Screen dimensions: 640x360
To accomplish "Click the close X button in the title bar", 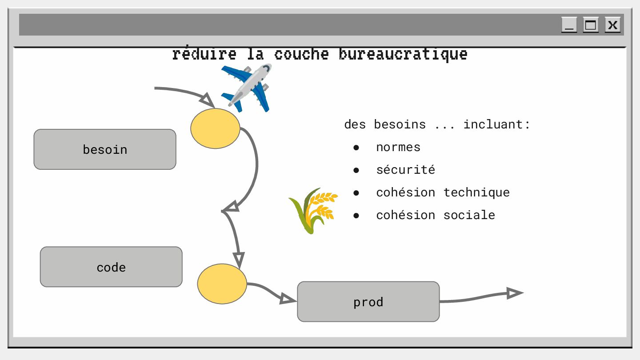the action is point(612,25).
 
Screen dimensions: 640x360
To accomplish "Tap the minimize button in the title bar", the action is point(569,25).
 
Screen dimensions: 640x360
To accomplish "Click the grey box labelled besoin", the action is point(105,149).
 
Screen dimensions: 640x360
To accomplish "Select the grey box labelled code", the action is point(111,267).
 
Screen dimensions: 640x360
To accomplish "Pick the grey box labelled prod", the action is point(368,302).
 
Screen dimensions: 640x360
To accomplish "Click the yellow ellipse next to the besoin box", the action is point(215,128).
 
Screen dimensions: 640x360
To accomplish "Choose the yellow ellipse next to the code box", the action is point(222,284).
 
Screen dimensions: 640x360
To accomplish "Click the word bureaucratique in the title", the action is point(403,54).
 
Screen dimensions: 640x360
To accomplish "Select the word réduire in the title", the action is point(204,54).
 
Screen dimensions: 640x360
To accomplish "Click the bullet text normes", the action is point(398,147).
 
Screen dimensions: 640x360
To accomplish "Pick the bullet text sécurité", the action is point(405,170).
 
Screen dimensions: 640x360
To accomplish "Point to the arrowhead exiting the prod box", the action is point(515,293).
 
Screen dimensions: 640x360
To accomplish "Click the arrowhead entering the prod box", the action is point(288,300).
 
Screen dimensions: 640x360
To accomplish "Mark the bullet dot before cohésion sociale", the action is point(356,216).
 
